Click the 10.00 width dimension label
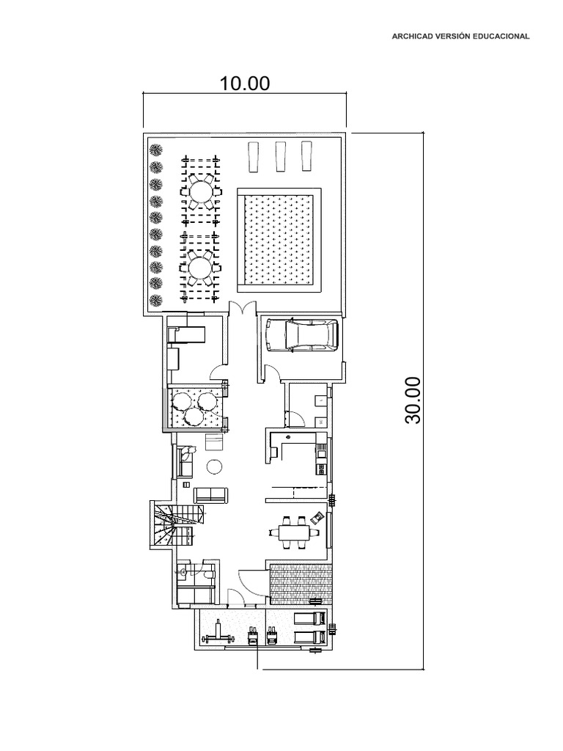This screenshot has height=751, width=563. point(245,84)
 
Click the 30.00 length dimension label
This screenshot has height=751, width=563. point(413,400)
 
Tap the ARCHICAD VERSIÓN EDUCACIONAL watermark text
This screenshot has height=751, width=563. point(460,36)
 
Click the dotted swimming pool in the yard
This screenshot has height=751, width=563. point(279,240)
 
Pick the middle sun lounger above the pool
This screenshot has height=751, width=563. point(281,156)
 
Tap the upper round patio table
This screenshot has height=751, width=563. point(200,191)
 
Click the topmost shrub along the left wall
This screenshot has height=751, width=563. point(155,150)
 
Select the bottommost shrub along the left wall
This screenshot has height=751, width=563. point(155,301)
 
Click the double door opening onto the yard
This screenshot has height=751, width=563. point(243,308)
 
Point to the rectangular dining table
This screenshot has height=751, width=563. point(291,532)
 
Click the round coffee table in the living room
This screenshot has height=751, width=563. point(213,466)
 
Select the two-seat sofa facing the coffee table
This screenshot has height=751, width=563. point(210,496)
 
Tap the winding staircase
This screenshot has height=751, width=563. point(174,524)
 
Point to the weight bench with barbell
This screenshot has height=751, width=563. point(218,636)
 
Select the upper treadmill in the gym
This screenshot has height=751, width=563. point(311,619)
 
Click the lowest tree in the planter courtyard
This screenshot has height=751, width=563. point(194,417)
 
